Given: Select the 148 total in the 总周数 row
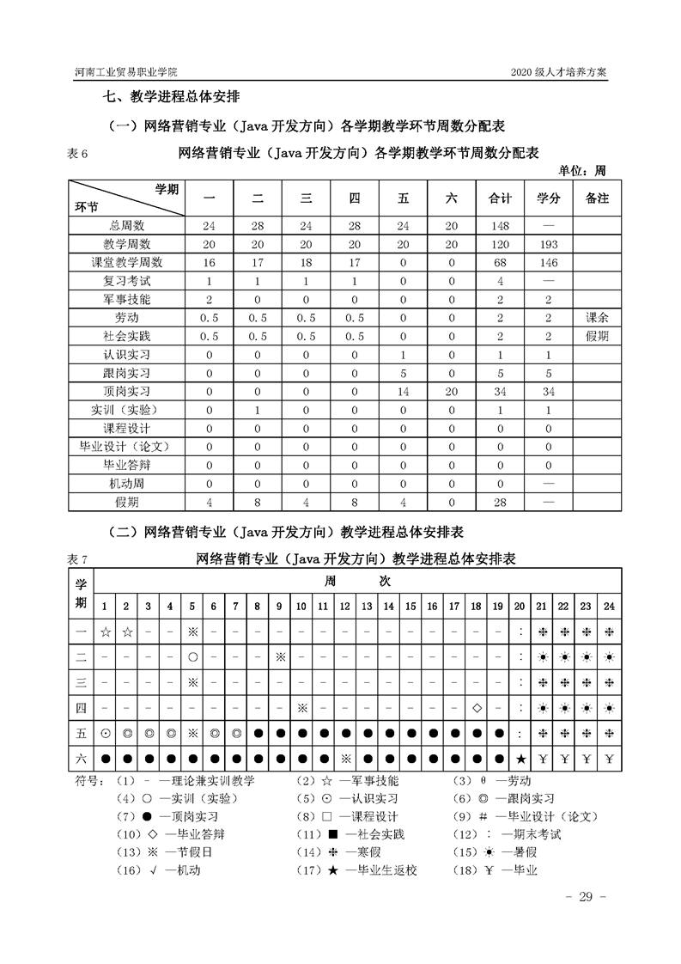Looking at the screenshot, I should point(500,226).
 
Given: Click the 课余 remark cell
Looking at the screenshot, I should point(596,317).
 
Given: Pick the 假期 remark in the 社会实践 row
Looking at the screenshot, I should point(596,335).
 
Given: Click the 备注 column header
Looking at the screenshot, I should point(596,198).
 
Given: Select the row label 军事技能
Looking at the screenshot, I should point(127,299).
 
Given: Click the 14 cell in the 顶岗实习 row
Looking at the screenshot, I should point(403,390).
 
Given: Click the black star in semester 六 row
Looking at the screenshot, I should point(520,759).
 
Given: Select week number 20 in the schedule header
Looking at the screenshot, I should point(520,606).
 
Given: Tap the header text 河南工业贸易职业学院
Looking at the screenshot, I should point(127,72).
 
